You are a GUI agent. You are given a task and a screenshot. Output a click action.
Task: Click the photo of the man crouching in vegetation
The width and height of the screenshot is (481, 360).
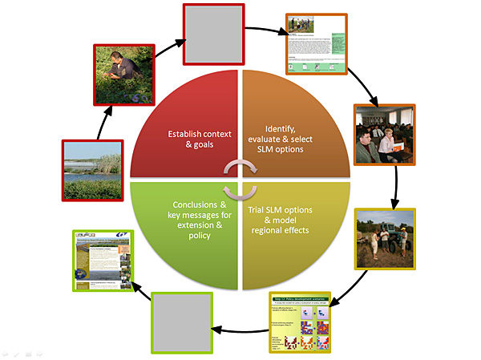coord(120,72)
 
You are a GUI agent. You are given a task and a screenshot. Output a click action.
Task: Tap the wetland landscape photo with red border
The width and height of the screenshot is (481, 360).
coord(92,170)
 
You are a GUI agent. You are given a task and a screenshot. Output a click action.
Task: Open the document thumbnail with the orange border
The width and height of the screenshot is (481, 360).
coord(317,43)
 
